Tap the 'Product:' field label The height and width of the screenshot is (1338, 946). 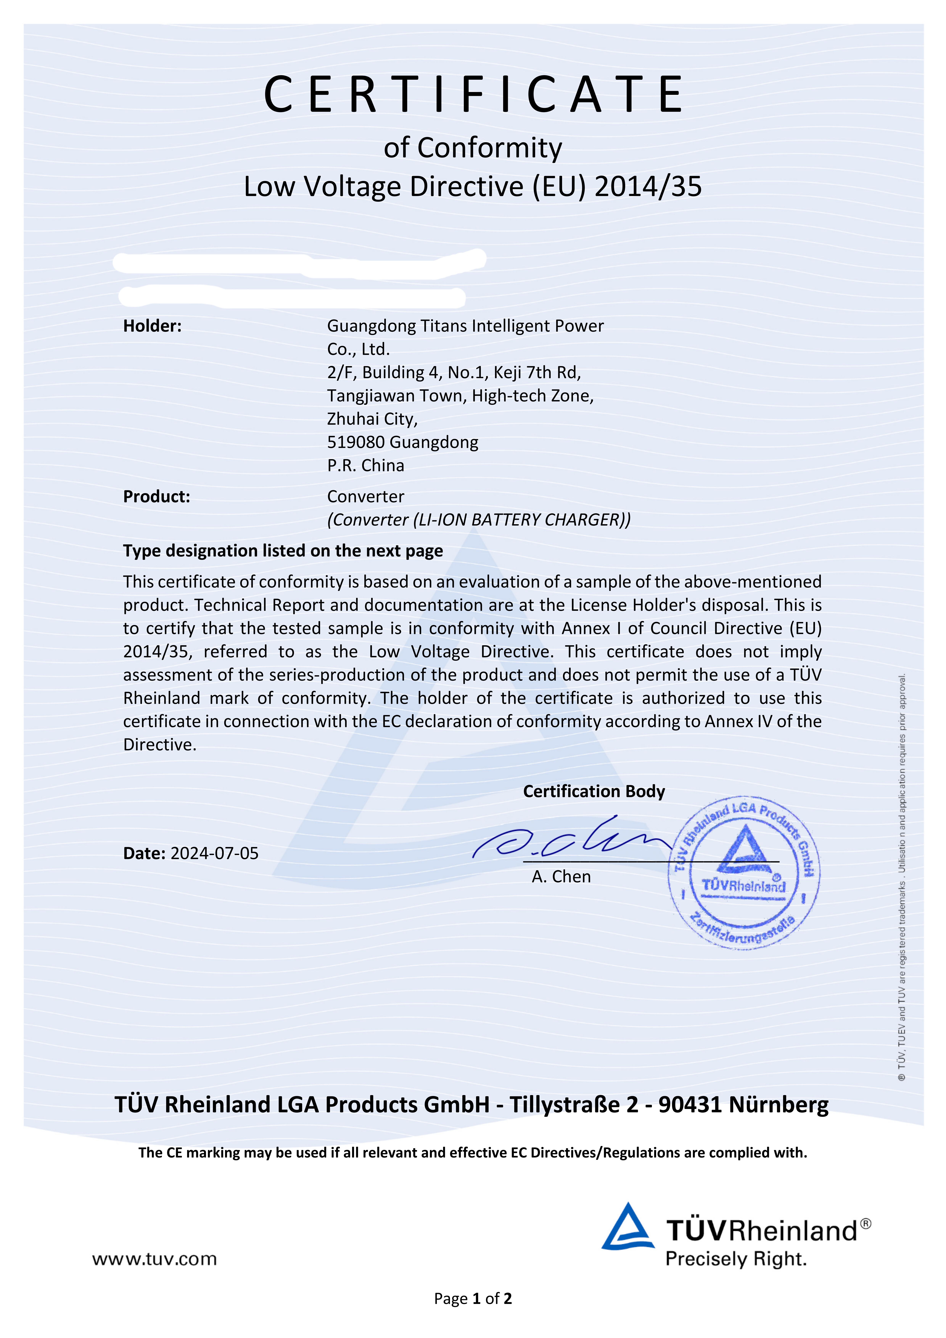click(x=156, y=497)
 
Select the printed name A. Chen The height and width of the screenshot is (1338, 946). click(x=561, y=877)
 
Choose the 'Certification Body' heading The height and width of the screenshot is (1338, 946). click(x=593, y=791)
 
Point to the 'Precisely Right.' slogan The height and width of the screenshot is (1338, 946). click(x=736, y=1259)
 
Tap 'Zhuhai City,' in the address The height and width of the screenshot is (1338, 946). click(x=372, y=419)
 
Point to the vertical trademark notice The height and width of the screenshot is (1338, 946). click(x=902, y=874)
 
